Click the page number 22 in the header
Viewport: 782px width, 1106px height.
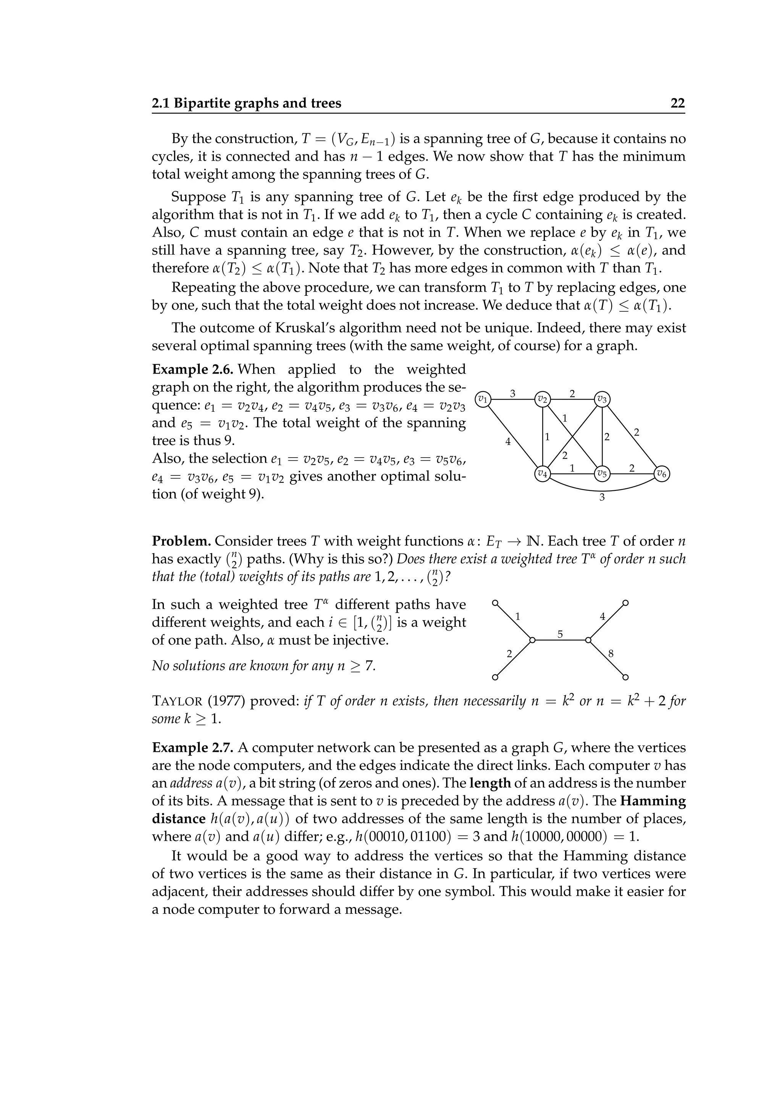[677, 103]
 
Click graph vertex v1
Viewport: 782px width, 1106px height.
[483, 399]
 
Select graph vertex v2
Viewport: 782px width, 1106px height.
[543, 399]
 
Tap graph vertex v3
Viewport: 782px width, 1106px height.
[602, 399]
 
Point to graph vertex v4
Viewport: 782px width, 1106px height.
[543, 474]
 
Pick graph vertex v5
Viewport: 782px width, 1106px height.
[602, 474]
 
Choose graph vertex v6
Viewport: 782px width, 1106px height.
[662, 474]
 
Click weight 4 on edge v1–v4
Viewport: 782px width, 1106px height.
[507, 441]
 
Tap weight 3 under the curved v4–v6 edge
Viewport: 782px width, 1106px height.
[602, 497]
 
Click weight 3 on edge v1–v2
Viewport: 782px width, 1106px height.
[513, 393]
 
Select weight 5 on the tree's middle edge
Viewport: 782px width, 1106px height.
[560, 634]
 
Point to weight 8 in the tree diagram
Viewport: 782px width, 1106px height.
[611, 654]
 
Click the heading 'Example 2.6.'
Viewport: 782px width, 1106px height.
[193, 369]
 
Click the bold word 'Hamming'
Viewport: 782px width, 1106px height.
[653, 801]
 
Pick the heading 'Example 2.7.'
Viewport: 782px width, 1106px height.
[193, 748]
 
